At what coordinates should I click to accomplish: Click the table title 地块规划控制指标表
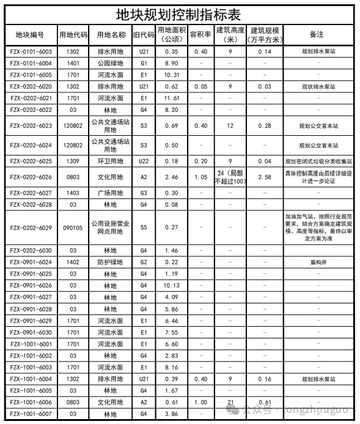tap(180, 13)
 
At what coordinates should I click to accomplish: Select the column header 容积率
tap(200, 35)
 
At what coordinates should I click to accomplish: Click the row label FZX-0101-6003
tap(31, 52)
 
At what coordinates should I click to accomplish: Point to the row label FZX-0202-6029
tap(31, 228)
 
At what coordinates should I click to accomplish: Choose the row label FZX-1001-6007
tap(31, 414)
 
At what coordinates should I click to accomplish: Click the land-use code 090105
tap(73, 228)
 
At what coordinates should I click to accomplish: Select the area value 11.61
tap(171, 99)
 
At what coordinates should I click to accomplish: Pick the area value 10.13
tap(171, 286)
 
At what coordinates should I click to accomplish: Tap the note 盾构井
tap(318, 262)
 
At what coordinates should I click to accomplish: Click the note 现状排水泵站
tap(318, 87)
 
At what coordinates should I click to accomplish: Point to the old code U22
tap(144, 162)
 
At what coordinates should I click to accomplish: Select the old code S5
tap(144, 228)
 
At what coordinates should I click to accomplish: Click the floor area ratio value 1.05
tap(200, 177)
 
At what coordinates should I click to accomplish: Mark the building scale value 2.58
tap(265, 177)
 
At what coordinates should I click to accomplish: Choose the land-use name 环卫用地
tap(111, 162)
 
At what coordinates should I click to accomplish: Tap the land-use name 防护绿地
tap(111, 262)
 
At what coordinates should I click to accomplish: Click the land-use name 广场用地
tap(111, 193)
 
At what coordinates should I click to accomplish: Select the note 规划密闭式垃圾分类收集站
tap(318, 162)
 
